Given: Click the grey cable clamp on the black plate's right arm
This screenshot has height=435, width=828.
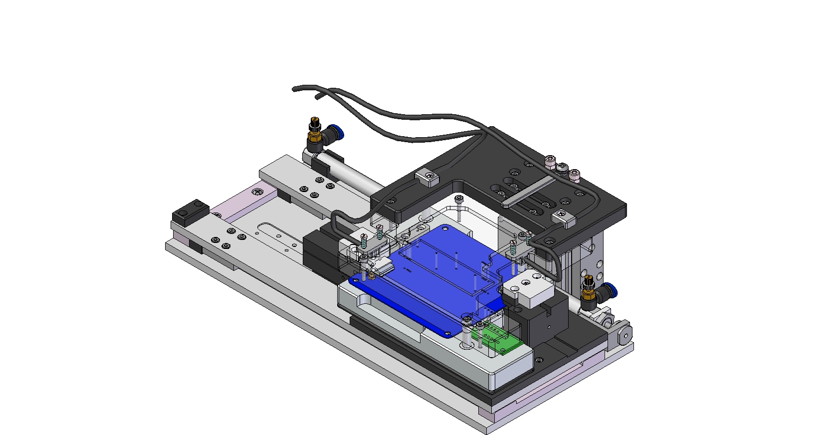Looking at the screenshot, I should point(563,217).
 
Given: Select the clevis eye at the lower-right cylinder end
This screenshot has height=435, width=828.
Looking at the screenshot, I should point(624,336).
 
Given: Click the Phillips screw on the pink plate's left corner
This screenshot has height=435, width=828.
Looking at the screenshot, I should point(257,191).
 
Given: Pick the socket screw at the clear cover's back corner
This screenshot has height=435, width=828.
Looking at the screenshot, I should point(459,200).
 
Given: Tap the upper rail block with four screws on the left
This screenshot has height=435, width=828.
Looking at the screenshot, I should point(299,182).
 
